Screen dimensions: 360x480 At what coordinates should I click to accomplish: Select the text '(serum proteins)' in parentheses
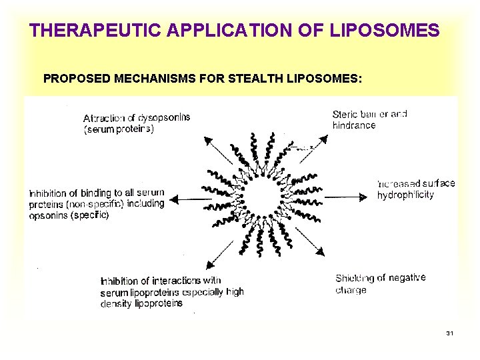[119, 129]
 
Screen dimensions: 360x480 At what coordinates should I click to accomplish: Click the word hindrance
[354, 125]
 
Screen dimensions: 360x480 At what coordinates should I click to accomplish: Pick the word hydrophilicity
[405, 195]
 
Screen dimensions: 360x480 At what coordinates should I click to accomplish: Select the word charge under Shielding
[351, 290]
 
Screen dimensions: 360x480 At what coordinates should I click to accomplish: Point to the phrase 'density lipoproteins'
[141, 303]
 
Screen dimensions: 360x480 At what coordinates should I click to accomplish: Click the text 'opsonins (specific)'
[69, 215]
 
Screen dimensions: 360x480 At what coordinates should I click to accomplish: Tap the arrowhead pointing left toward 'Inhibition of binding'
[175, 198]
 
